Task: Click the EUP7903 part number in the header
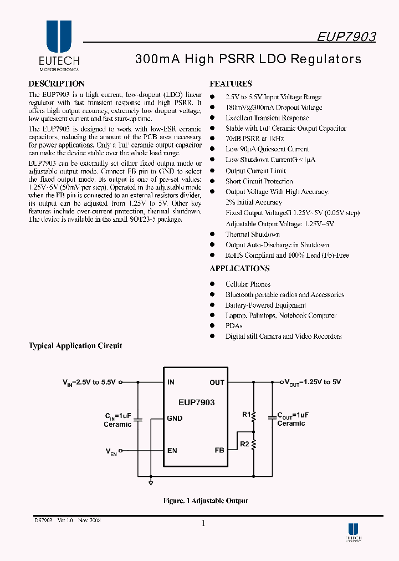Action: click(x=346, y=37)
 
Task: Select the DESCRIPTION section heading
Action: click(x=57, y=84)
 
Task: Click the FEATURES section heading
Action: click(x=231, y=84)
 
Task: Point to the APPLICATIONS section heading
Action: click(x=239, y=269)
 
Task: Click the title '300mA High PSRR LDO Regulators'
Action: click(x=248, y=59)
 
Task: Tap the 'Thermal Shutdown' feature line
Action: click(x=252, y=234)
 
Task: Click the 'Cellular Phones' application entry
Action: click(x=248, y=284)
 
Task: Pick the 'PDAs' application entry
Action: click(x=234, y=326)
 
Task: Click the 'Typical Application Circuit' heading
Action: click(x=75, y=346)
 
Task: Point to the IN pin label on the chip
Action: click(x=171, y=382)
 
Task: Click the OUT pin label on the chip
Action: click(x=217, y=382)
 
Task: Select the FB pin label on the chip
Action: click(x=219, y=450)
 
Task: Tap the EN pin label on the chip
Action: click(x=172, y=450)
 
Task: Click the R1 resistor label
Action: click(x=246, y=414)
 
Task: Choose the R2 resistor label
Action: click(x=245, y=443)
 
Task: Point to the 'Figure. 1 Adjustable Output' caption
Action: click(x=205, y=501)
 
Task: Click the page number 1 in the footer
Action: click(x=203, y=523)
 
